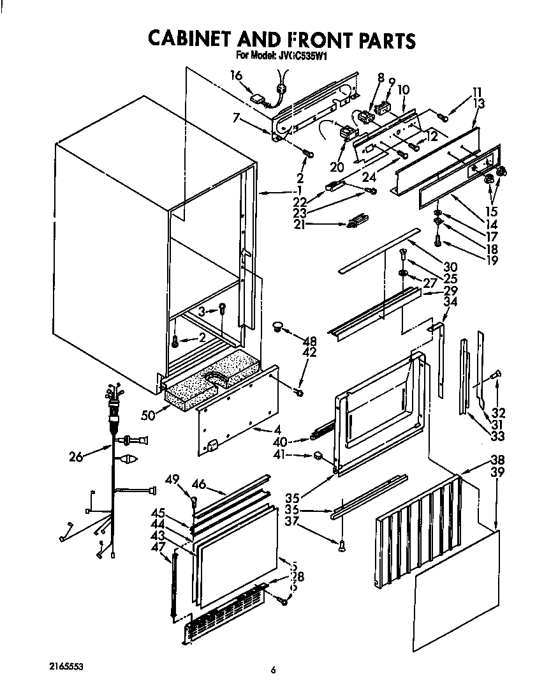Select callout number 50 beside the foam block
[149, 415]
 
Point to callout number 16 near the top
[236, 75]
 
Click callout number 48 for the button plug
[310, 341]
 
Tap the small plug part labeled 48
[277, 327]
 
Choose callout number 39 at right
[497, 472]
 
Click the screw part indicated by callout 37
[342, 543]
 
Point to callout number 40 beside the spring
[297, 440]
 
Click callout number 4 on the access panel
[277, 430]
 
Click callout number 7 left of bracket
[236, 117]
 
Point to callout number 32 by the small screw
[499, 412]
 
